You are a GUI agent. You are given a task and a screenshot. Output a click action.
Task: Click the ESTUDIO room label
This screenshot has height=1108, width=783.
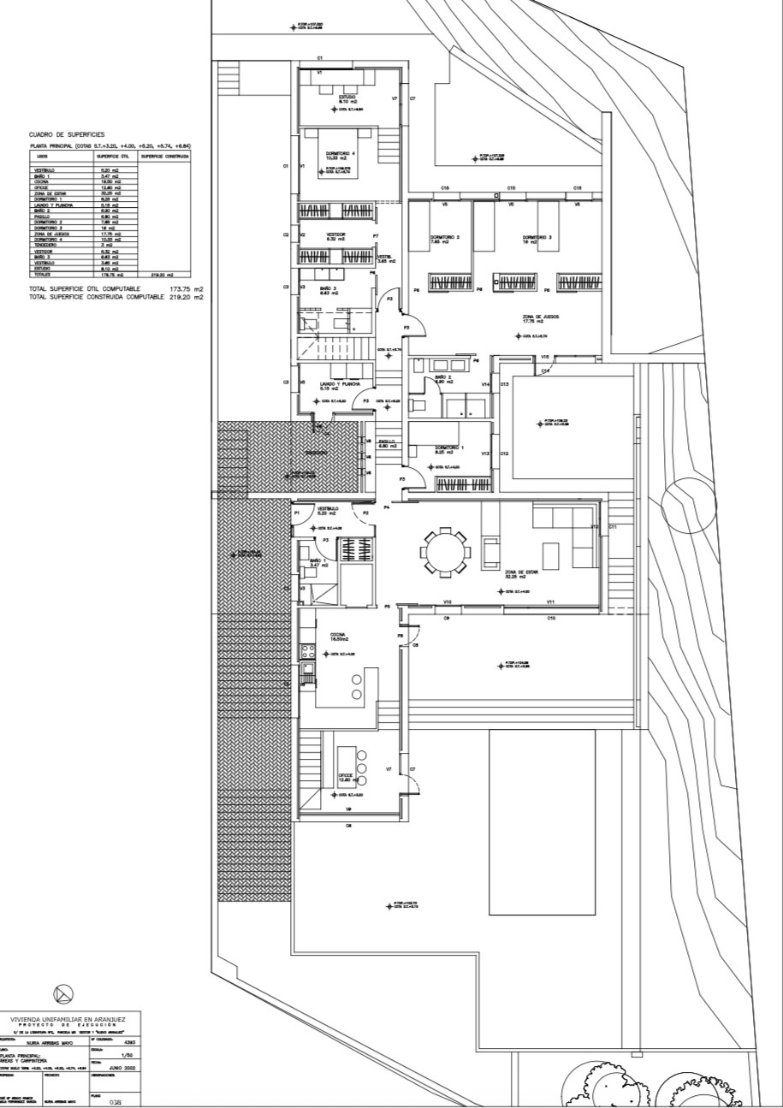coord(347,98)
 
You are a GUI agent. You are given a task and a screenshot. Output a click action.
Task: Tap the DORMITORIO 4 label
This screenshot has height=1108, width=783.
coord(340,155)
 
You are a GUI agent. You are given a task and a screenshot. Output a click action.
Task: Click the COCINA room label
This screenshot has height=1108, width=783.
coord(337,636)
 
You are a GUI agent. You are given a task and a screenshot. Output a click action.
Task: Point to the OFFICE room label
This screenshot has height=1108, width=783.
coord(346,777)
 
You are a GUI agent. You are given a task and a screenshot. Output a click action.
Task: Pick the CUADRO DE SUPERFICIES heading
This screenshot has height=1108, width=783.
coord(66,134)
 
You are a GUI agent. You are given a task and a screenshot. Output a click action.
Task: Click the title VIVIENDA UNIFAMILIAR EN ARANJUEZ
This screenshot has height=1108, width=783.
coord(67,1019)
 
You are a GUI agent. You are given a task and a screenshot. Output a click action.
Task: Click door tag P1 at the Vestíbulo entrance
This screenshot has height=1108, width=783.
coord(297,513)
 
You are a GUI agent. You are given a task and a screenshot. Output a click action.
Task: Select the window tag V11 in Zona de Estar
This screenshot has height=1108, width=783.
coord(551,602)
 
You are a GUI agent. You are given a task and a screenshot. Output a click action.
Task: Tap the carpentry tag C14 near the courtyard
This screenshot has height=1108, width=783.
coord(545,370)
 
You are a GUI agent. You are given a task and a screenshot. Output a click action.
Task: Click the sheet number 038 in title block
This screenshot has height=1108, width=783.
coord(115,1102)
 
